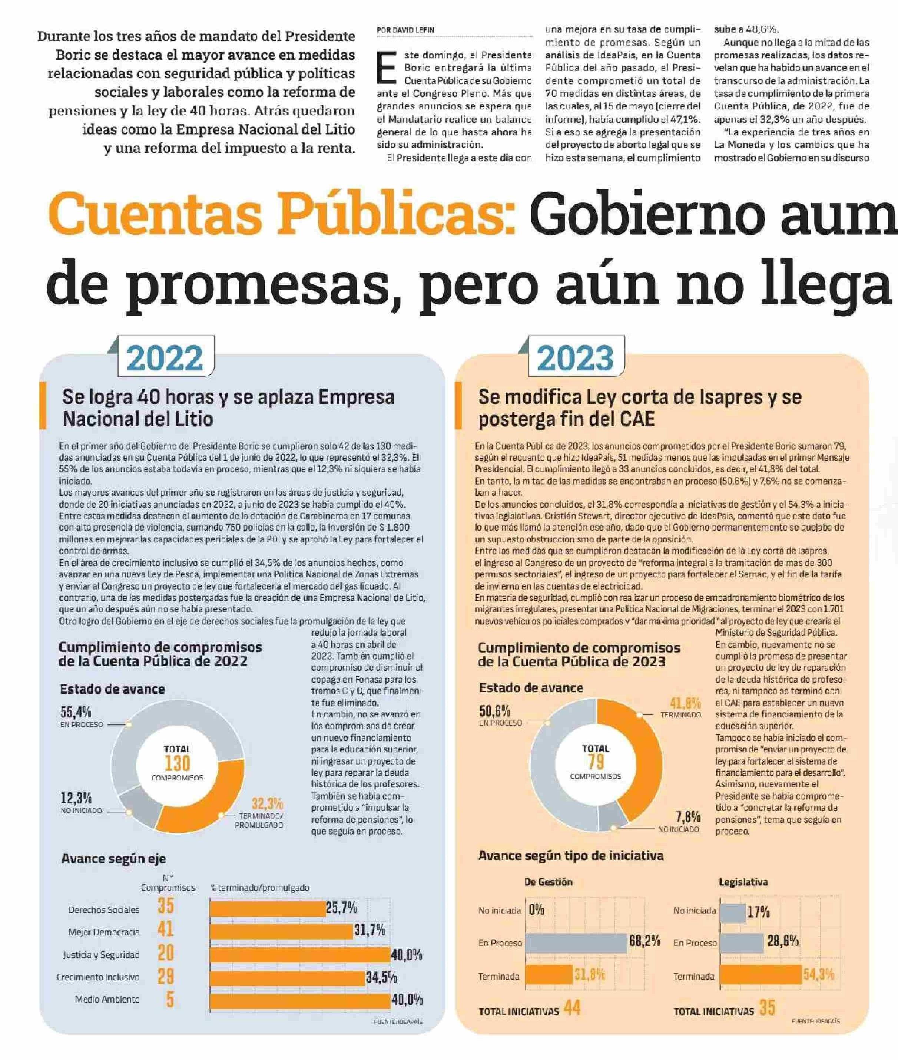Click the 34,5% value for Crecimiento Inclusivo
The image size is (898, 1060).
click(381, 977)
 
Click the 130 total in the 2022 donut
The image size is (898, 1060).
click(177, 763)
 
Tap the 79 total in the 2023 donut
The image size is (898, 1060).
click(595, 762)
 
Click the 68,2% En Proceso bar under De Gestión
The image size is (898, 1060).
click(576, 943)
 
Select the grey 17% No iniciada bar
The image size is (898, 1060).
click(733, 912)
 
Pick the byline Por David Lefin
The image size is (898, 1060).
click(405, 30)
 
